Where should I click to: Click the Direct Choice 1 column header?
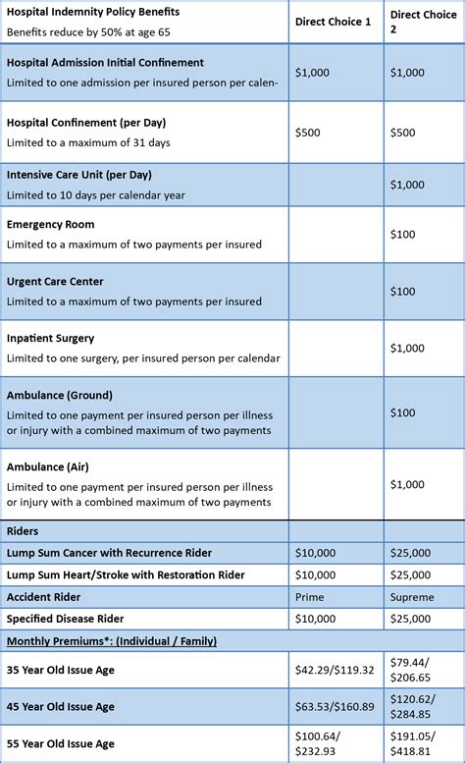coord(333,22)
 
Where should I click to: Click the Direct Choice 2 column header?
coord(421,22)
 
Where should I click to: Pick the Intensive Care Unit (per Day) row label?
coord(80,175)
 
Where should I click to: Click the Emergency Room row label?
coord(51,224)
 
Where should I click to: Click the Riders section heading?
coord(23,531)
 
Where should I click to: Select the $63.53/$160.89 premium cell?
coord(335,705)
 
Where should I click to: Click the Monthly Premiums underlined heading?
coord(112,641)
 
